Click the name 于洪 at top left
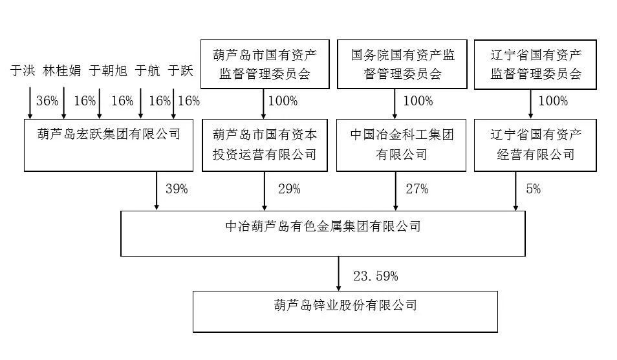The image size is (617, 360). pyautogui.click(x=23, y=71)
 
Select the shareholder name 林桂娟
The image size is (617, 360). pyautogui.click(x=62, y=71)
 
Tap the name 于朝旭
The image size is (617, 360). pyautogui.click(x=108, y=71)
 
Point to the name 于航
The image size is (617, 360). pyautogui.click(x=147, y=71)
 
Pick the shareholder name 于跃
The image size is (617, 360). pyautogui.click(x=180, y=71)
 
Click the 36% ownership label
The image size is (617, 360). pyautogui.click(x=47, y=101)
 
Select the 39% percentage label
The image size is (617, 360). pyautogui.click(x=177, y=189)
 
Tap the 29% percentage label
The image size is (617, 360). pyautogui.click(x=289, y=189)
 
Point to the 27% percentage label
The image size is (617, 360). pyautogui.click(x=417, y=189)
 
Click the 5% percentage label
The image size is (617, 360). pyautogui.click(x=533, y=189)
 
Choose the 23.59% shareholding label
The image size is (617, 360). pyautogui.click(x=375, y=276)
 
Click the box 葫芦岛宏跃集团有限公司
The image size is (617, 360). pyautogui.click(x=109, y=145)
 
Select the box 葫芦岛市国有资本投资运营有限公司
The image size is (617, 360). pyautogui.click(x=265, y=145)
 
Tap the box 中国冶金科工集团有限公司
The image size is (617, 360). pyautogui.click(x=402, y=145)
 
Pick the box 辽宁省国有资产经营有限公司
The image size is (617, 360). pyautogui.click(x=535, y=145)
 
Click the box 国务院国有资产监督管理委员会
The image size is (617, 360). pyautogui.click(x=402, y=64)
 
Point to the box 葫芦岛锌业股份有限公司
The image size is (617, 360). pyautogui.click(x=345, y=312)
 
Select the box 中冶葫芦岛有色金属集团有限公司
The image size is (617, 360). pyautogui.click(x=323, y=234)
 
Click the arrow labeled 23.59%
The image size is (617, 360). pyautogui.click(x=338, y=274)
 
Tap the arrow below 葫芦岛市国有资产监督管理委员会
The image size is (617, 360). pyautogui.click(x=264, y=104)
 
